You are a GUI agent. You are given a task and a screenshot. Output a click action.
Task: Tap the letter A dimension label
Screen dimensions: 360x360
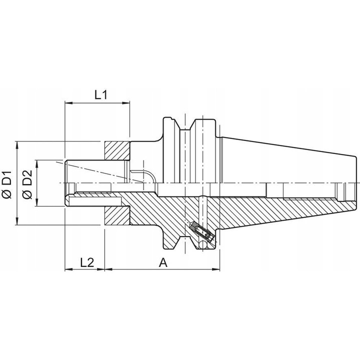coord(163,261)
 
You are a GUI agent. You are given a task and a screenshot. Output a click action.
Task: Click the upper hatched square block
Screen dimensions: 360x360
coord(117,150)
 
